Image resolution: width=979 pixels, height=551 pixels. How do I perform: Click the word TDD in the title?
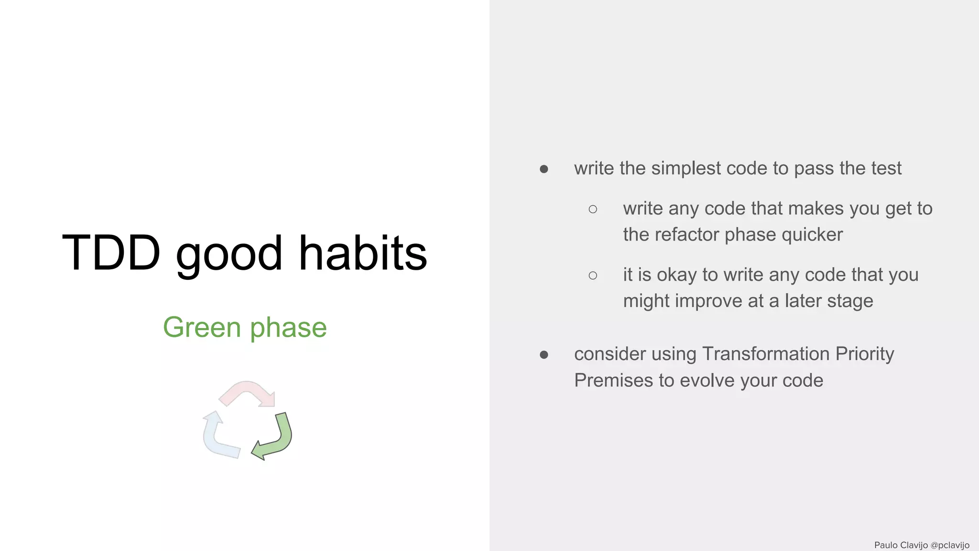coord(111,253)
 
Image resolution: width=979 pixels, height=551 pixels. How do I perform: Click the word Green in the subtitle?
coord(202,328)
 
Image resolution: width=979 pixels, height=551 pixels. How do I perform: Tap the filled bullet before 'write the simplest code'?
coord(544,169)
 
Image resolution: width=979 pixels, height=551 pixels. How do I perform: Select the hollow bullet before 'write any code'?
coord(593,209)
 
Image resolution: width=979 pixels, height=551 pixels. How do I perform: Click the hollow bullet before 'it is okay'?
coord(593,275)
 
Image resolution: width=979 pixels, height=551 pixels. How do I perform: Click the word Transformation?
coord(765,354)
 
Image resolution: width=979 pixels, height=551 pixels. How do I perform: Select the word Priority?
coord(864,354)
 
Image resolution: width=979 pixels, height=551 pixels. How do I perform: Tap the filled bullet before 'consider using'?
coord(544,355)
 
